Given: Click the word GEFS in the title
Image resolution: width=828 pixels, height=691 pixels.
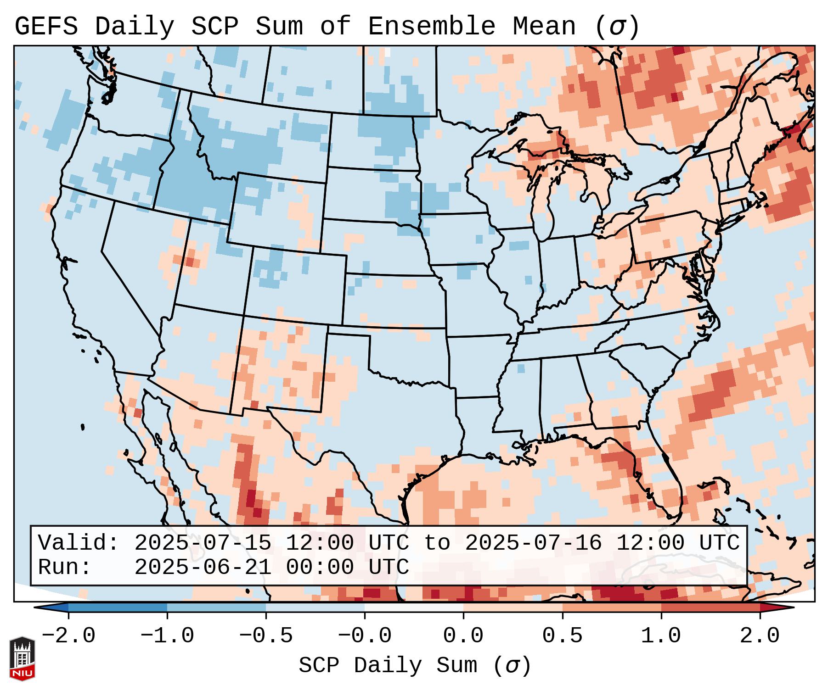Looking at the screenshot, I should point(46,27).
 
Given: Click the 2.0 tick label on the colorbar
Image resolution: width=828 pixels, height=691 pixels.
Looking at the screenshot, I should point(760,636).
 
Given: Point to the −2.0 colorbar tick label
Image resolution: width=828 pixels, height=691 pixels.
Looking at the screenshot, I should point(68,636).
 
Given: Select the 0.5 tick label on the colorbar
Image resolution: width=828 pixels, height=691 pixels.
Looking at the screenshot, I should point(562,636).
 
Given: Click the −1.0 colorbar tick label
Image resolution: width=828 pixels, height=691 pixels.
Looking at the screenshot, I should point(167,636).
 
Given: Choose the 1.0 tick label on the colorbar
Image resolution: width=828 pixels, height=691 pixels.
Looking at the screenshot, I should point(661,636).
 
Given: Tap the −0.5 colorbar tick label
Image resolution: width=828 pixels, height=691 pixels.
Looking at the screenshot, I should point(266,636).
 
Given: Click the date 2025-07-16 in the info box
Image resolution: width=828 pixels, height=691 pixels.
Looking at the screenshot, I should point(533,543).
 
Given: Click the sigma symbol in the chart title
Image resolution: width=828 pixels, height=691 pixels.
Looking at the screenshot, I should point(616,27).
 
